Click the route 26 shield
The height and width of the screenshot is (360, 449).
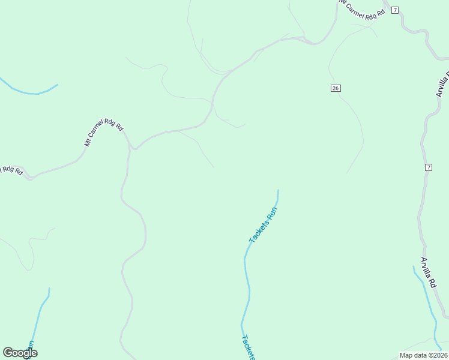(336, 88)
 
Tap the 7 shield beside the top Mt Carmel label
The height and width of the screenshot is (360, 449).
(394, 10)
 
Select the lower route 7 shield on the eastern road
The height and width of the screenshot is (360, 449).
(428, 167)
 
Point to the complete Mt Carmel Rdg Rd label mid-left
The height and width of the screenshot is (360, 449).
(103, 135)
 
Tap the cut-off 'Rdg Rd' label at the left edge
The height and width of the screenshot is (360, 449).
(10, 170)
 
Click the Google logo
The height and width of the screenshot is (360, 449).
(20, 353)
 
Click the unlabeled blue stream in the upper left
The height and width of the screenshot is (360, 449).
(30, 92)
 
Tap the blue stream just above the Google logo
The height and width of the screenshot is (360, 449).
(40, 312)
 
